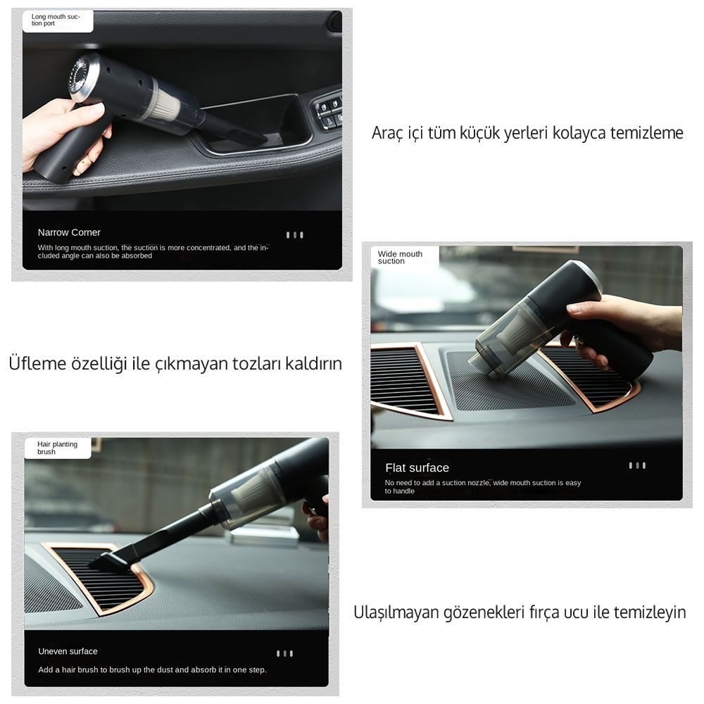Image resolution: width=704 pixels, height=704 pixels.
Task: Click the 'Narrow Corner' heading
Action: point(69,232)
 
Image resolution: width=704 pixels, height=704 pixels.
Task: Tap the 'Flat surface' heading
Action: point(417,468)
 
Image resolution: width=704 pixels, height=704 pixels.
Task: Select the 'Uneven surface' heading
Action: point(68,651)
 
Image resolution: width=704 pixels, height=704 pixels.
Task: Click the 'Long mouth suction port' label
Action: point(55,20)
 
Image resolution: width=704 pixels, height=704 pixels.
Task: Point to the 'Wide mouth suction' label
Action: point(400,257)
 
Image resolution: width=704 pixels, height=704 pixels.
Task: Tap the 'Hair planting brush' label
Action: point(57,448)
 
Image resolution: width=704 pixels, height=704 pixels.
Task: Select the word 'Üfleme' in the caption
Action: point(37,363)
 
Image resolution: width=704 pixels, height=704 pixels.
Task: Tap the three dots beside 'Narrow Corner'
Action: point(294,235)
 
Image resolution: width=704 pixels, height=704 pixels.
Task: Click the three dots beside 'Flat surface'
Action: point(637,465)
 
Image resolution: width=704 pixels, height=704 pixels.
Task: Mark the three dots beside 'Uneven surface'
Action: point(284,654)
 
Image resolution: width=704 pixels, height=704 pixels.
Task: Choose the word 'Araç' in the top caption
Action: point(387,133)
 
